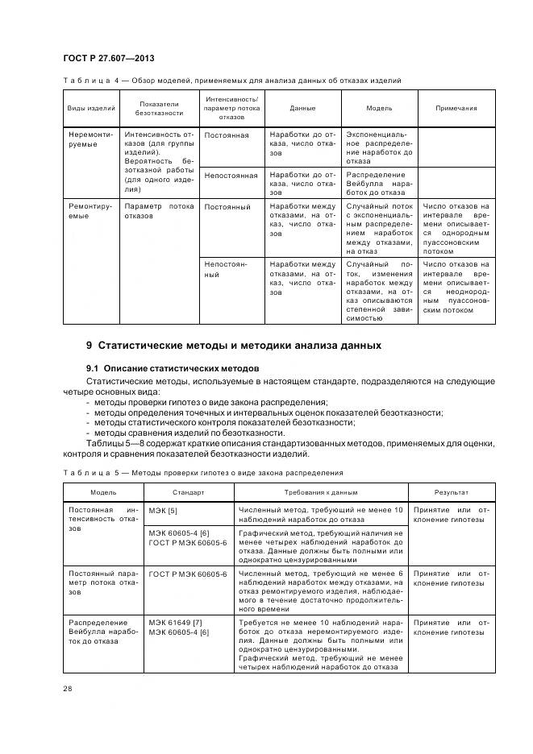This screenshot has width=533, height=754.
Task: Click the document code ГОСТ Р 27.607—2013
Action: click(x=108, y=59)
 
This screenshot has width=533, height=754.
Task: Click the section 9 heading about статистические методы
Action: click(x=234, y=346)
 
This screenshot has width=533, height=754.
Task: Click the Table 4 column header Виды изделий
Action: click(x=90, y=108)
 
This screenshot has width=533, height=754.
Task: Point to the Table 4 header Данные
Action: click(x=302, y=108)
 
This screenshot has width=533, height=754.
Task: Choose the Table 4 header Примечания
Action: click(x=456, y=108)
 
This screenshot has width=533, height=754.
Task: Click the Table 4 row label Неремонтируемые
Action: click(x=90, y=139)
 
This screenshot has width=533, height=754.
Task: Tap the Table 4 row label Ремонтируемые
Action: click(x=90, y=211)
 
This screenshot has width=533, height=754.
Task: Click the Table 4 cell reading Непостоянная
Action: click(x=231, y=175)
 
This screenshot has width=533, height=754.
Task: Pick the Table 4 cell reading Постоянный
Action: click(x=227, y=207)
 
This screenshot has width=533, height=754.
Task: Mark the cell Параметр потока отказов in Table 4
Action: click(x=158, y=211)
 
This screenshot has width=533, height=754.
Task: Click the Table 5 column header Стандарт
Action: click(x=188, y=491)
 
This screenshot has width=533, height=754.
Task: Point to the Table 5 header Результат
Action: click(x=452, y=491)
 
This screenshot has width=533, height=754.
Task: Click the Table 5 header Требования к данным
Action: click(x=320, y=491)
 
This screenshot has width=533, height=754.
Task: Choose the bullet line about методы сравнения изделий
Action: click(x=178, y=433)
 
